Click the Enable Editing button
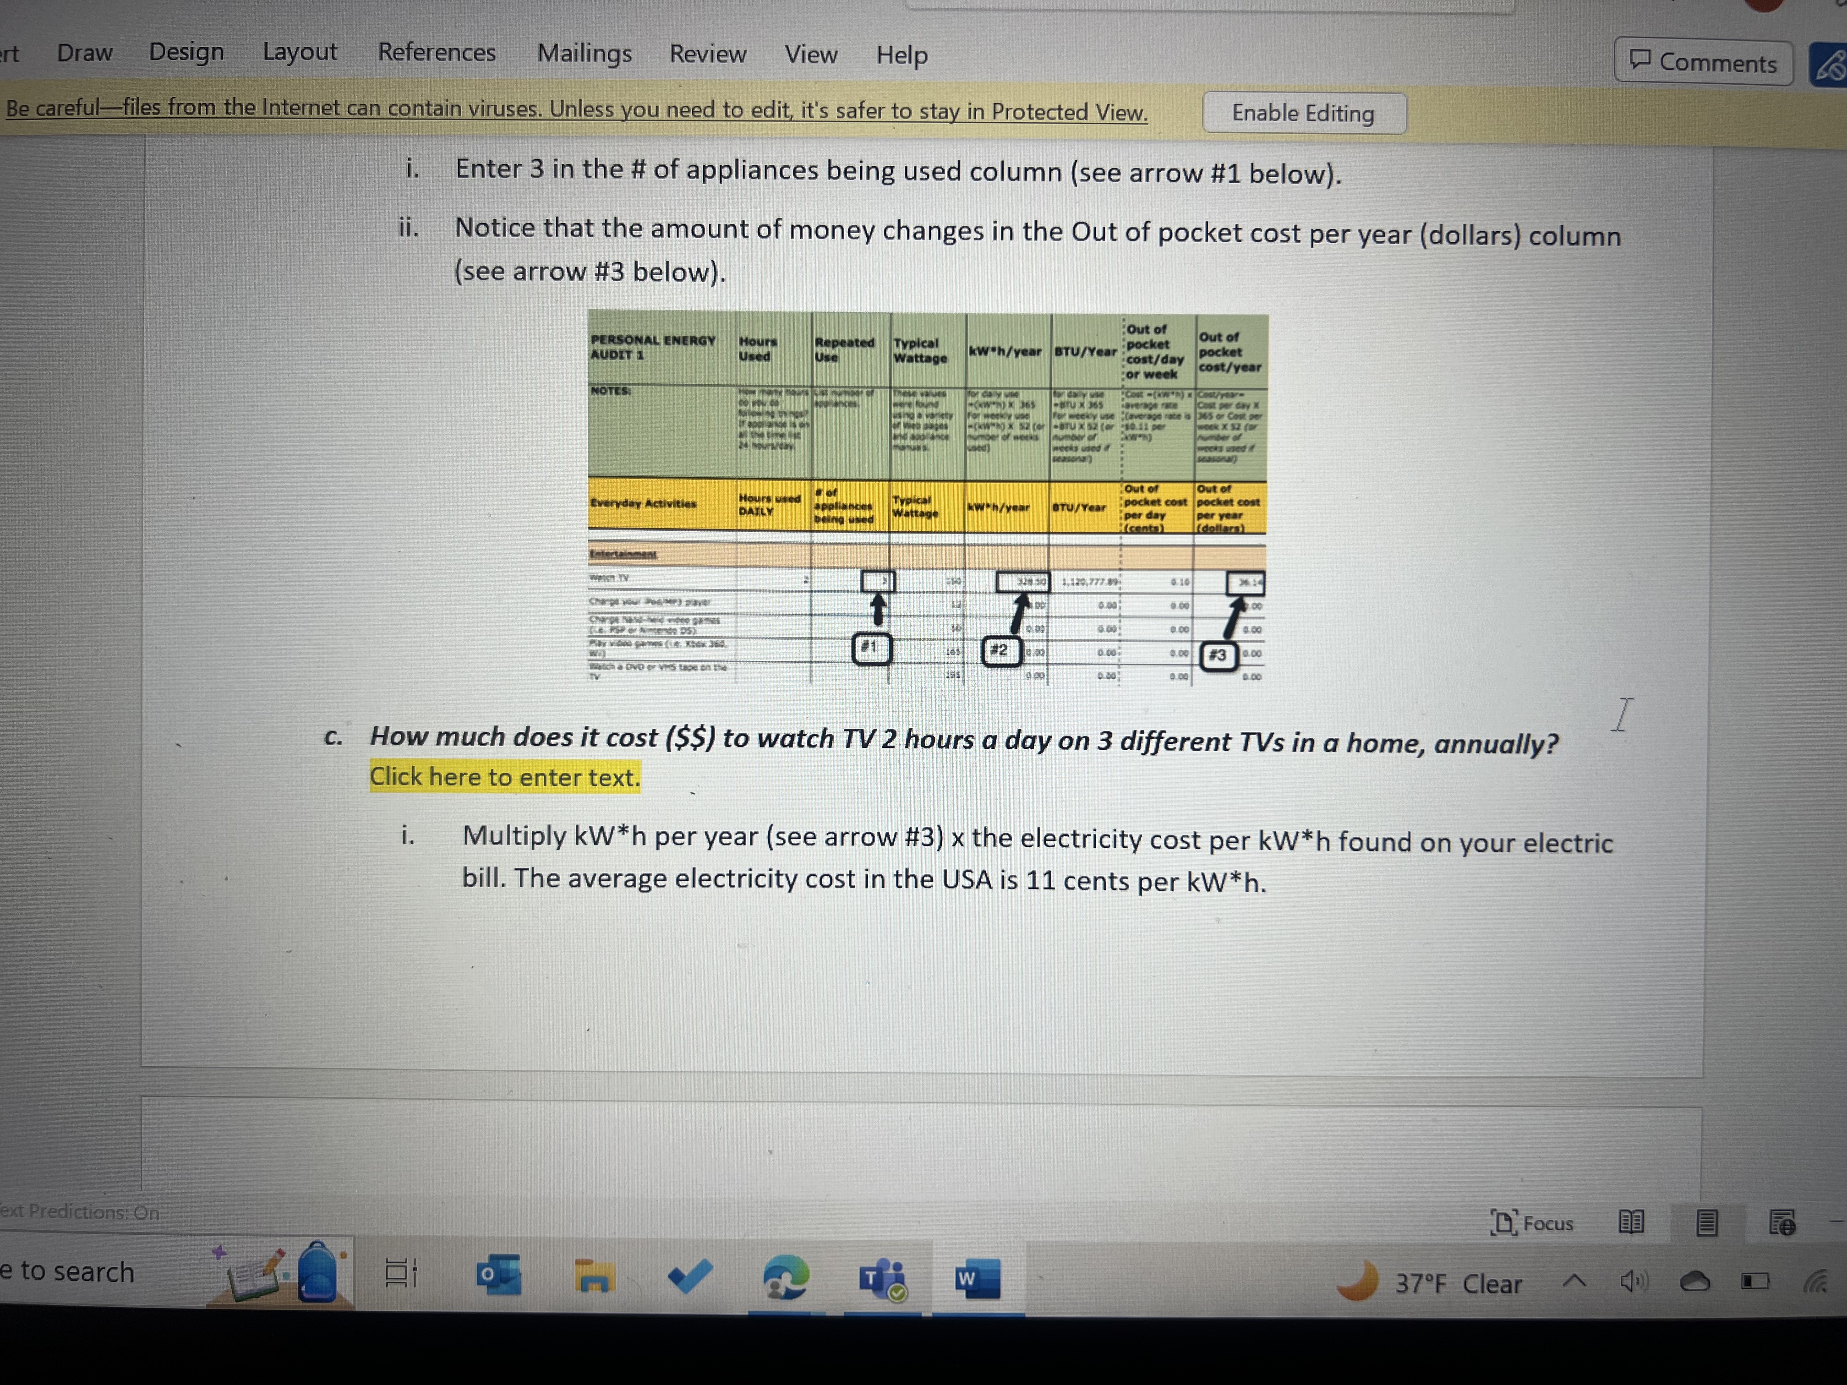[x=1303, y=113]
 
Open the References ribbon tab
[x=437, y=53]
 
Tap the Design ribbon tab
[x=186, y=52]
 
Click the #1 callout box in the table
[x=870, y=648]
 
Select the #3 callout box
[x=1218, y=655]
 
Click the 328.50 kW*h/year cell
[x=1023, y=581]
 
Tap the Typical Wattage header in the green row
[x=920, y=351]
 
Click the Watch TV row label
[x=610, y=578]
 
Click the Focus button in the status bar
[x=1532, y=1223]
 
